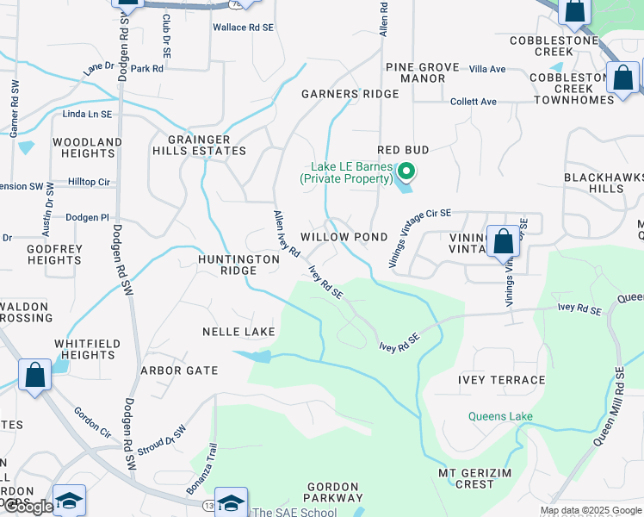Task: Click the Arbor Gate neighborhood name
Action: pyautogui.click(x=179, y=371)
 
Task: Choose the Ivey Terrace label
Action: pyautogui.click(x=504, y=380)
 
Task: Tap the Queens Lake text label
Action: pyautogui.click(x=500, y=417)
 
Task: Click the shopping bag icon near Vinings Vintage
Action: pyautogui.click(x=504, y=241)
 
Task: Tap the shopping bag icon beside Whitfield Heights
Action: pyautogui.click(x=35, y=376)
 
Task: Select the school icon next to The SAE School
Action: pyautogui.click(x=231, y=501)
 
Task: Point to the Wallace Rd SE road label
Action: pyautogui.click(x=243, y=28)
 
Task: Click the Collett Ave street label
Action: pyautogui.click(x=474, y=102)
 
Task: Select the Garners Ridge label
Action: pyautogui.click(x=350, y=94)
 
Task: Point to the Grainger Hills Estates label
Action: pyautogui.click(x=199, y=145)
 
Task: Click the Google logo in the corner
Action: pyautogui.click(x=28, y=508)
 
